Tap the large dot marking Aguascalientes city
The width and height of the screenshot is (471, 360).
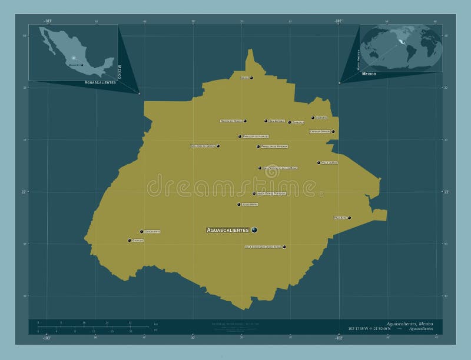[254, 229]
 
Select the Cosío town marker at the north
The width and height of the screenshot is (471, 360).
[251, 78]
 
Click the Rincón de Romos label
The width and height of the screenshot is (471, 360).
[231, 121]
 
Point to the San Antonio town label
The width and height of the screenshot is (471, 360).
[277, 121]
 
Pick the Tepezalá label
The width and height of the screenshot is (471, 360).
[298, 122]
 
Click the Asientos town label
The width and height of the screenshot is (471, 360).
[321, 118]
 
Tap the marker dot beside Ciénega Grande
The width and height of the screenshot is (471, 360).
[333, 132]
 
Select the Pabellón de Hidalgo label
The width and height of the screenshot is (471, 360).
[256, 136]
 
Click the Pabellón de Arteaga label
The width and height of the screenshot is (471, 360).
[274, 146]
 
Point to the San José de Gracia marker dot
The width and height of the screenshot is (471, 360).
[218, 146]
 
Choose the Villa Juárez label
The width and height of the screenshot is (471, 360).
[330, 162]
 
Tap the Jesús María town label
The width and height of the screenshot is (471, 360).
[250, 205]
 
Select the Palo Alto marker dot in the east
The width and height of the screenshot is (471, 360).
[349, 218]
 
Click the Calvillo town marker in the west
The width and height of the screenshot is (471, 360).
[130, 240]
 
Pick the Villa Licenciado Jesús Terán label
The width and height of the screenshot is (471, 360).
[263, 247]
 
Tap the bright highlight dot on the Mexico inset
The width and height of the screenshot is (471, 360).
[74, 58]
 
